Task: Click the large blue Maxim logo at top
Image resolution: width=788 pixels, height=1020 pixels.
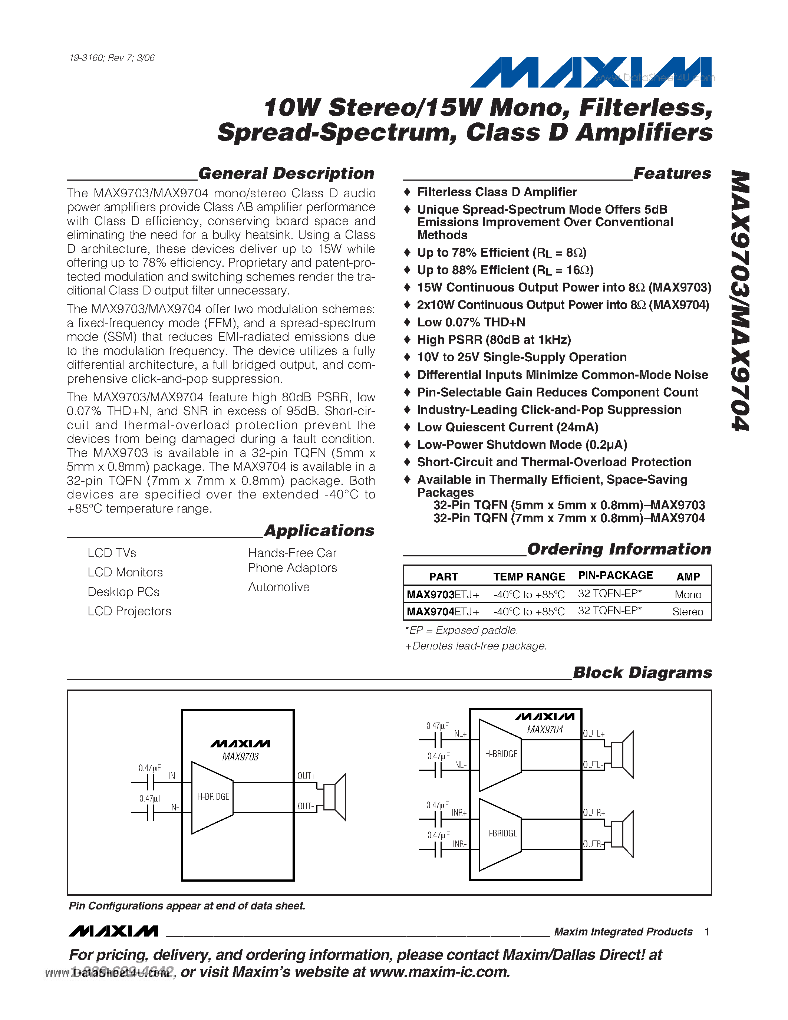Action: point(590,72)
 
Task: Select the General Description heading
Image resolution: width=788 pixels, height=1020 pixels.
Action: point(286,173)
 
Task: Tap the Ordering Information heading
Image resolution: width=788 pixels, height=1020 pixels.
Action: point(619,549)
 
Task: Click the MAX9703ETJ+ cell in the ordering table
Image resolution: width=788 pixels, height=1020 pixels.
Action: point(442,595)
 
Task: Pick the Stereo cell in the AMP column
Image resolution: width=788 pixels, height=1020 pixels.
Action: point(687,612)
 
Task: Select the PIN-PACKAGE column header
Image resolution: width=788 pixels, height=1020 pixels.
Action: point(615,576)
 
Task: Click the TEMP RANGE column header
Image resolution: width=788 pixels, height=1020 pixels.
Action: point(529,577)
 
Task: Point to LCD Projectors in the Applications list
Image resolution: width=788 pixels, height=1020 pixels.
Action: point(129,611)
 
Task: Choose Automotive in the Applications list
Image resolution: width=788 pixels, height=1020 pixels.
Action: point(279,587)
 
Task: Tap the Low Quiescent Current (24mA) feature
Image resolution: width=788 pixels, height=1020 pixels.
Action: point(507,427)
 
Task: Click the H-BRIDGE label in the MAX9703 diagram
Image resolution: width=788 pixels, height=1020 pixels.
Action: point(213,797)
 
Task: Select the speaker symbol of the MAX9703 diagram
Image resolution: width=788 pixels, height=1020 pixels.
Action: point(335,797)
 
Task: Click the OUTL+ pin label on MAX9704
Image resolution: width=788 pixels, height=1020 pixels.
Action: point(593,734)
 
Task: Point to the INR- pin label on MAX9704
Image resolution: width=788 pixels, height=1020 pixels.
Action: point(459,845)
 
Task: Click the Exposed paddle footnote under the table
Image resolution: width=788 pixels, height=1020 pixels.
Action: point(461,631)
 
